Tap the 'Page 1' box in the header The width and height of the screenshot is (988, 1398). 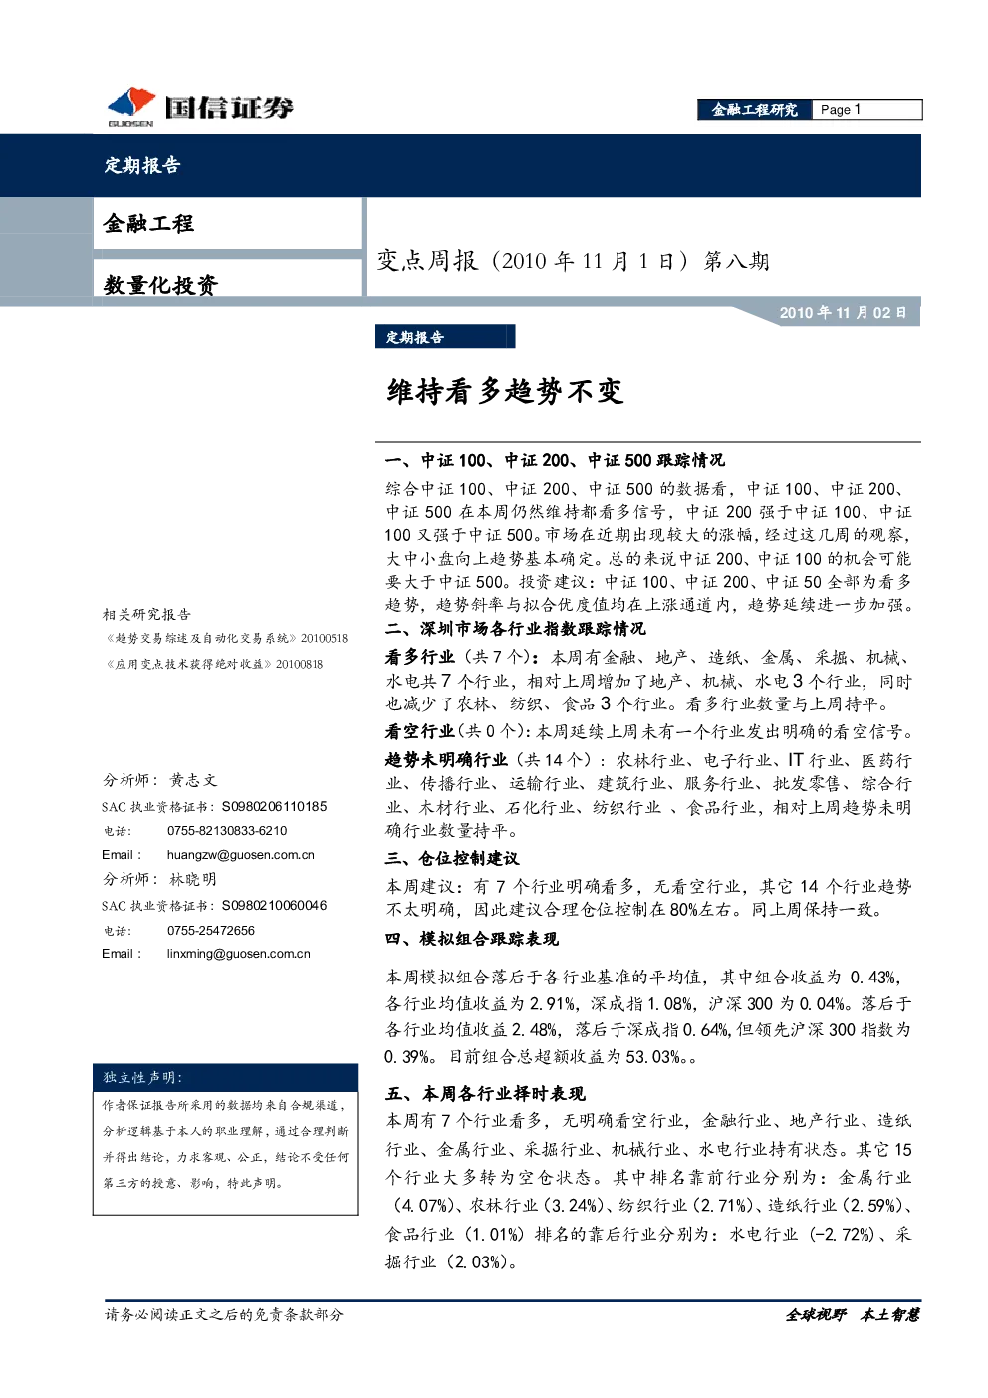[x=867, y=110]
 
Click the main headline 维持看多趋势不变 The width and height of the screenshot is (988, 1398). [x=505, y=392]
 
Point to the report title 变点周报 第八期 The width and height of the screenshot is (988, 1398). [x=574, y=261]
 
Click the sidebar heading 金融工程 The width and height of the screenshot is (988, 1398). [x=148, y=223]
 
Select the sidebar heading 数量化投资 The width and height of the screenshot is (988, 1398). [x=160, y=285]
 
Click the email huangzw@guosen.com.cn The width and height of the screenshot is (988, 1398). [x=241, y=855]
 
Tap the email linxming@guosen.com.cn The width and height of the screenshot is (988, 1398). [x=238, y=954]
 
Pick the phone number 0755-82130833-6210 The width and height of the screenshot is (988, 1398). [x=227, y=831]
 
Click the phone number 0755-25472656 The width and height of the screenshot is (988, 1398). [x=211, y=930]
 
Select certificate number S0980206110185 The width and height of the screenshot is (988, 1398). [x=275, y=806]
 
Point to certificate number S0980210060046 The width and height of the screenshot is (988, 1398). [x=275, y=905]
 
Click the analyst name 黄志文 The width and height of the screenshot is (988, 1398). [x=193, y=780]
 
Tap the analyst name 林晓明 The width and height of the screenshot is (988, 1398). [x=193, y=880]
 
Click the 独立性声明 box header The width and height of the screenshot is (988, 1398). [x=225, y=1077]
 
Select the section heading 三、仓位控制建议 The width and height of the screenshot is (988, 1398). [x=452, y=858]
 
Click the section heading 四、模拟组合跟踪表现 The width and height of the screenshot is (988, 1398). [x=472, y=938]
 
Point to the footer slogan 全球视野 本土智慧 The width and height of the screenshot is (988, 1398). [x=852, y=1315]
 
